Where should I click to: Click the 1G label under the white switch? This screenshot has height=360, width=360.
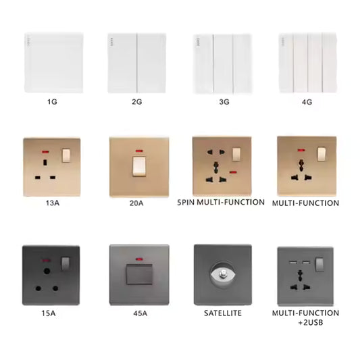tap(53, 102)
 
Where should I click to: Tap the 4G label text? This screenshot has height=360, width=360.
tap(307, 102)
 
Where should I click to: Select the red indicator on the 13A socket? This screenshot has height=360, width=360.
tap(45, 152)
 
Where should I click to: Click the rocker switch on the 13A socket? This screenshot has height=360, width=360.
tap(66, 155)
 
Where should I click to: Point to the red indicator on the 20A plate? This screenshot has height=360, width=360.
tap(139, 151)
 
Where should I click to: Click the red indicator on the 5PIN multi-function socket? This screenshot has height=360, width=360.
tap(233, 172)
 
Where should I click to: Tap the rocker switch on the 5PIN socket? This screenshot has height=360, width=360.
tap(236, 155)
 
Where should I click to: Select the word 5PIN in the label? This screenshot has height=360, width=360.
tap(186, 202)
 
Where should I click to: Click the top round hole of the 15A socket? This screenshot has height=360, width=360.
tap(47, 271)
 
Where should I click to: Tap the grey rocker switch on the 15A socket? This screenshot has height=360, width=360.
tap(66, 264)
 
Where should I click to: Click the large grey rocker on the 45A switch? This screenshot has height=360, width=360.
tap(139, 274)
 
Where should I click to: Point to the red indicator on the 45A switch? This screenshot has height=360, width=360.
tap(138, 259)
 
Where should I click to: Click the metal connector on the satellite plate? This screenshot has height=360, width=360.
tap(222, 274)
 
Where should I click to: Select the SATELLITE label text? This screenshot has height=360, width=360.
tap(223, 313)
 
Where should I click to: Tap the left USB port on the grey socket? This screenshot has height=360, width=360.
tap(292, 262)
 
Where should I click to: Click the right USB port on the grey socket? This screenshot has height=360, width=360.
tap(305, 262)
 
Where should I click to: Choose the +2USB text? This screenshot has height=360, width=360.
tap(311, 323)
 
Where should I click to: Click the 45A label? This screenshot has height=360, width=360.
tap(140, 313)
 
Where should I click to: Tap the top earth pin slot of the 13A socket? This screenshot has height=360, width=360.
tap(45, 163)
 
